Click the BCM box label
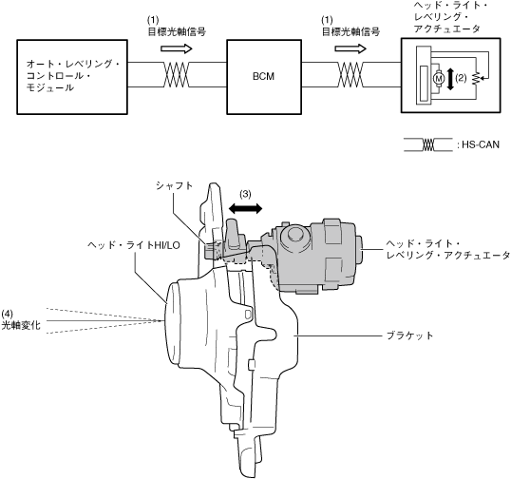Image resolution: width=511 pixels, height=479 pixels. click(263, 76)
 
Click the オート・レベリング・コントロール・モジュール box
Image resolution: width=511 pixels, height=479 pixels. click(72, 77)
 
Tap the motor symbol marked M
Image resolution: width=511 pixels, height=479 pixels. click(438, 78)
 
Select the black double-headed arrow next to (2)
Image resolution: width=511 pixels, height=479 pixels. click(450, 79)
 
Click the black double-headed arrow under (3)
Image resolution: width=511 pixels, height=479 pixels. click(245, 208)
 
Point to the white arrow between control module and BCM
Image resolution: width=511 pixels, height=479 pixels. click(177, 48)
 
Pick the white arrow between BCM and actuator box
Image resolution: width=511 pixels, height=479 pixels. click(350, 48)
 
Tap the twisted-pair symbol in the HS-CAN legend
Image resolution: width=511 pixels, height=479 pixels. click(428, 144)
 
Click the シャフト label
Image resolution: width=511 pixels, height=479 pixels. click(175, 185)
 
